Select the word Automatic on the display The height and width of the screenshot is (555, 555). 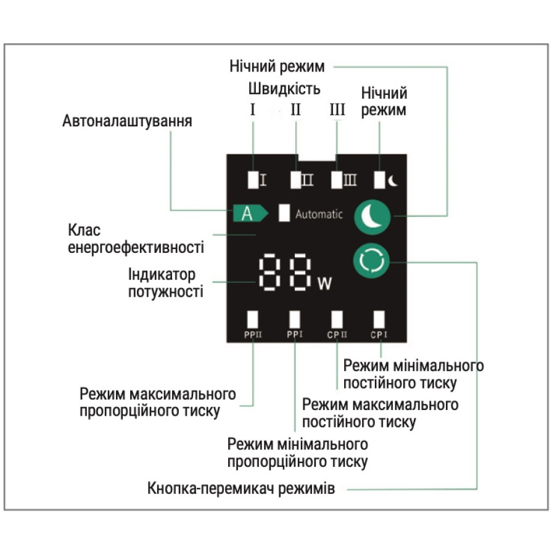click(319, 215)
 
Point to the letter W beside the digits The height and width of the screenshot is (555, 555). click(324, 284)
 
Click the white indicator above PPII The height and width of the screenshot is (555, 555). click(253, 319)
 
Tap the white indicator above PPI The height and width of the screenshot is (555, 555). click(295, 319)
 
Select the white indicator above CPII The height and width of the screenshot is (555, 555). click(337, 319)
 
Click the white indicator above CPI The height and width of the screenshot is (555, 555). click(379, 319)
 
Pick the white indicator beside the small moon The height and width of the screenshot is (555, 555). click(380, 179)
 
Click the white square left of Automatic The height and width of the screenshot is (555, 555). click(284, 213)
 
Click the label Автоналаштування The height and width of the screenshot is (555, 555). click(127, 121)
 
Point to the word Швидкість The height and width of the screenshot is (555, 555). click(285, 89)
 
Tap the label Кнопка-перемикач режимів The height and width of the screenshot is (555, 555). click(241, 490)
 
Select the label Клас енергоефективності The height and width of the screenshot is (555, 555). click(136, 240)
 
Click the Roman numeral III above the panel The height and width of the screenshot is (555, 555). click(337, 111)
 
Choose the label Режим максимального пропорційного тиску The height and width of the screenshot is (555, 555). click(158, 402)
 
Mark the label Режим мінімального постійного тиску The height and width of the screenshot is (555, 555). click(413, 374)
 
